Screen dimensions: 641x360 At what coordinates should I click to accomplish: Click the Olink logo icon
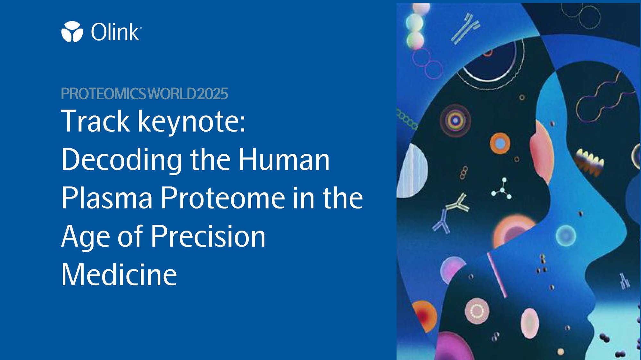[72, 32]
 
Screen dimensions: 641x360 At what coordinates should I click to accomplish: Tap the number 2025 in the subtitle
[212, 94]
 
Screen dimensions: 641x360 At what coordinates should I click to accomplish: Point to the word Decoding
[122, 160]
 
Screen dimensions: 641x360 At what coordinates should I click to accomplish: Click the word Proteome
[223, 198]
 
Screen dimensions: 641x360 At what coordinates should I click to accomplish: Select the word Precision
[208, 236]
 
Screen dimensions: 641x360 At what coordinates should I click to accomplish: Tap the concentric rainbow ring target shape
[455, 121]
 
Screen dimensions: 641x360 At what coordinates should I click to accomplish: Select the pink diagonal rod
[497, 275]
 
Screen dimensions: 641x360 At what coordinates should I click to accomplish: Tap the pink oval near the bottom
[529, 323]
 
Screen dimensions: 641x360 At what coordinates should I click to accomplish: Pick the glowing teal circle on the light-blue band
[566, 236]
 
